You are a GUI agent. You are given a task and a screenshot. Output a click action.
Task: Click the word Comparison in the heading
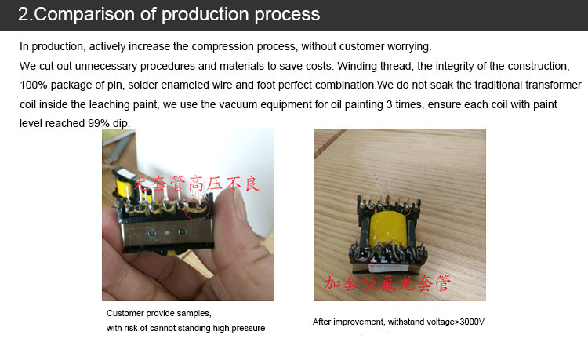click(85, 14)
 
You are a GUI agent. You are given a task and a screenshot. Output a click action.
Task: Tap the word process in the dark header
click(287, 15)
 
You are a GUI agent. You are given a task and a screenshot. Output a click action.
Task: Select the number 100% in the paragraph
click(34, 85)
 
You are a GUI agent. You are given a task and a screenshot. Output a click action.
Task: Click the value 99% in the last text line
click(99, 123)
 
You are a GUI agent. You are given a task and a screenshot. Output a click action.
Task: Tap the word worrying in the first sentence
click(409, 47)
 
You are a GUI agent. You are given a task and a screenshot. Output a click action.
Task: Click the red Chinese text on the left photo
click(196, 184)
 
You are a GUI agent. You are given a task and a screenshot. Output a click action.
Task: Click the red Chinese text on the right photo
click(387, 283)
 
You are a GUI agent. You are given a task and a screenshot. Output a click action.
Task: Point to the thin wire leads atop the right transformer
click(380, 188)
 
